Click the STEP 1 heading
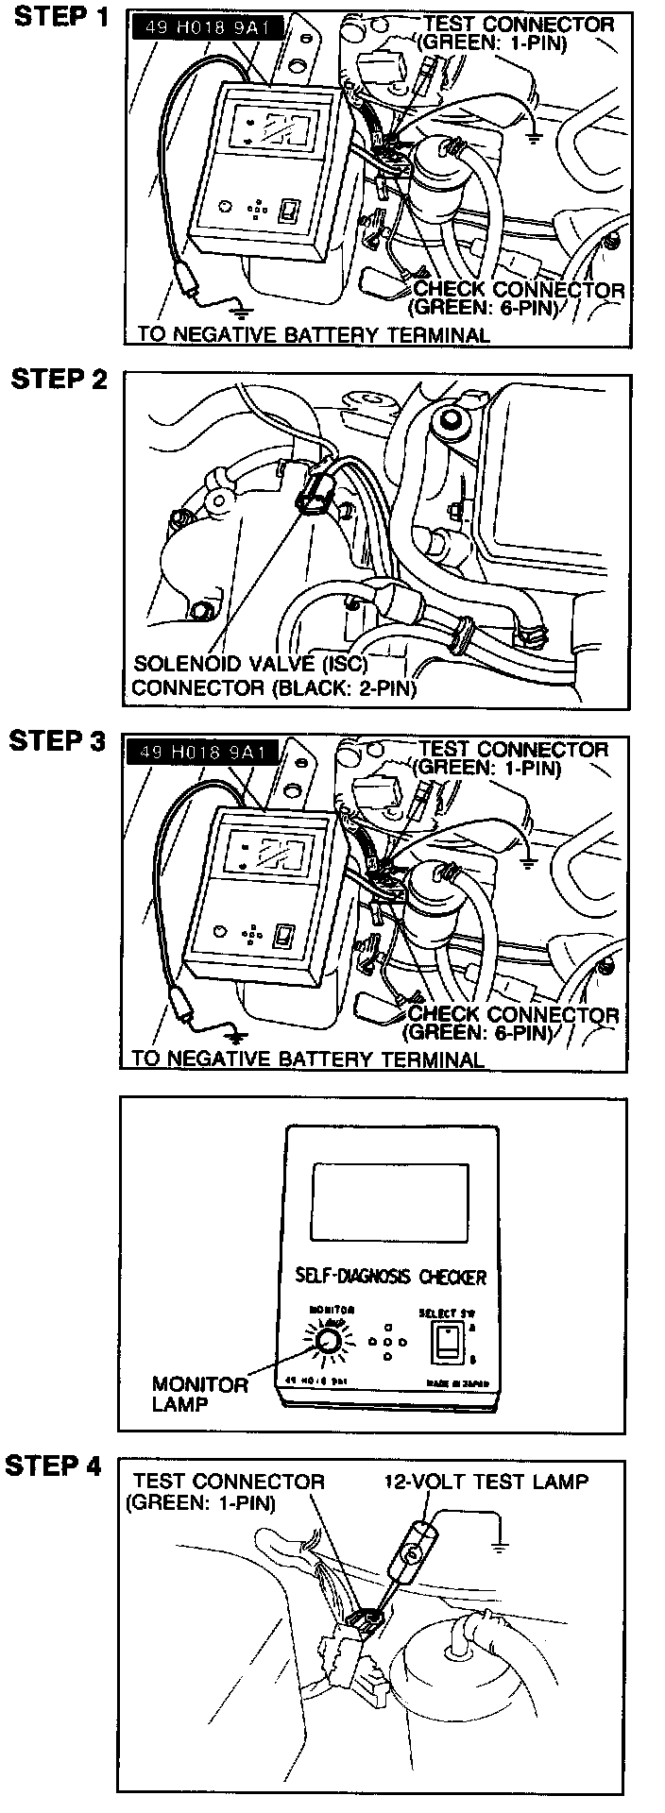(60, 19)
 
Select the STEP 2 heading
(60, 380)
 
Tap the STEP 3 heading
(58, 741)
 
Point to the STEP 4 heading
(54, 1466)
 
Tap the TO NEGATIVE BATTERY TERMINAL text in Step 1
(314, 334)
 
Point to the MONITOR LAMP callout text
(200, 1393)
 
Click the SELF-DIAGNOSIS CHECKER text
(384, 1277)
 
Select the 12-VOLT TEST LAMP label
(486, 1481)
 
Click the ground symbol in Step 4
(500, 1546)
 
